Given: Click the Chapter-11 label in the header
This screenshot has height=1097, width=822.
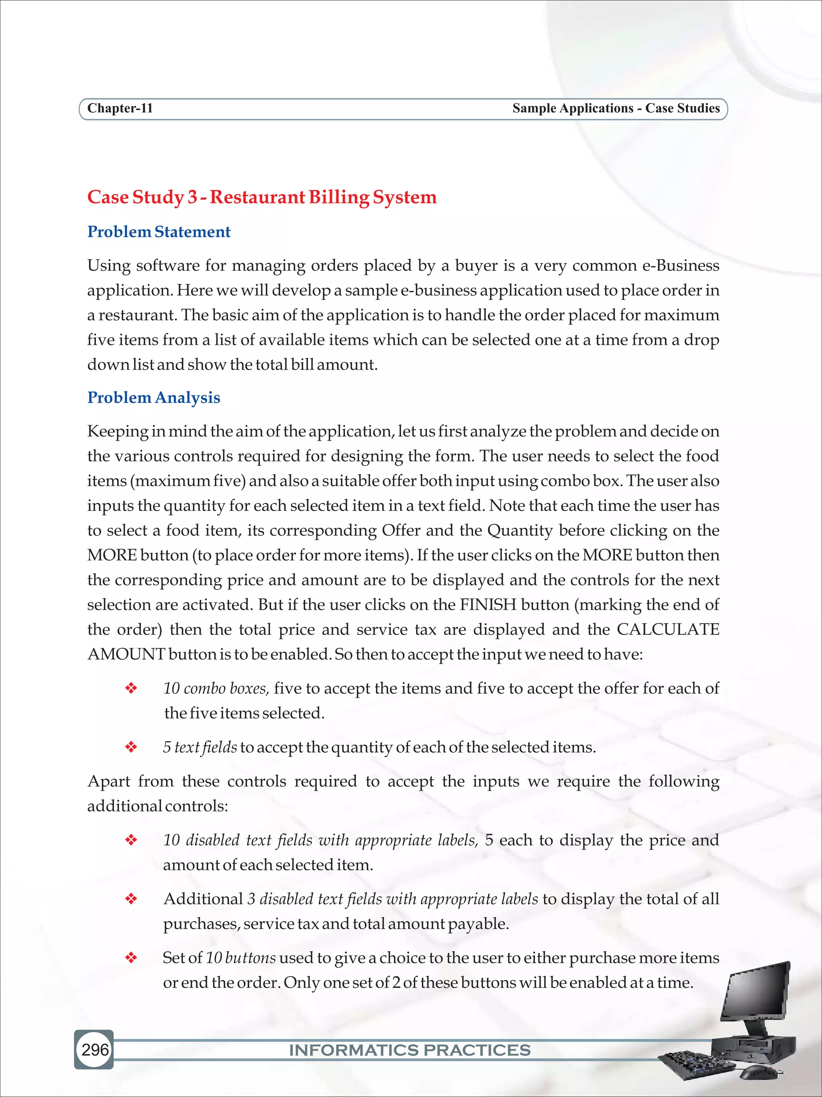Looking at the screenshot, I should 120,108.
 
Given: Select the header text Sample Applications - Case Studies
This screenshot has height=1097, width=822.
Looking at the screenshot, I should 615,108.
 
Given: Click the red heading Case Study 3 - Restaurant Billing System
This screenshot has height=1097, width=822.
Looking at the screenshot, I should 262,197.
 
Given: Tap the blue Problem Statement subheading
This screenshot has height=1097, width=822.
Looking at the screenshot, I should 159,232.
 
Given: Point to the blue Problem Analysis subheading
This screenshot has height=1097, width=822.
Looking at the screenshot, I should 154,397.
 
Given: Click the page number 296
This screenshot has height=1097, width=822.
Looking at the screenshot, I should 95,1049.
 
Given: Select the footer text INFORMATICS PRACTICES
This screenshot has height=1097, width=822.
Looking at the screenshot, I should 410,1050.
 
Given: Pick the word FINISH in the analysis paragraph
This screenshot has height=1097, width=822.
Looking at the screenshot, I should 488,605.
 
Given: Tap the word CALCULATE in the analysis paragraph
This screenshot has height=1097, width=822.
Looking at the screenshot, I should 667,629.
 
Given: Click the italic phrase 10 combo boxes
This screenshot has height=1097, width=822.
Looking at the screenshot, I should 216,688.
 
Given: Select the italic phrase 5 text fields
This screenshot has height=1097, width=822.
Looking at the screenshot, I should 199,747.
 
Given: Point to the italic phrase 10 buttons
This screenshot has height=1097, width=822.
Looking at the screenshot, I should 240,957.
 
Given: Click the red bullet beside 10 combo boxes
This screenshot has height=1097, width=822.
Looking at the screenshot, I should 131,688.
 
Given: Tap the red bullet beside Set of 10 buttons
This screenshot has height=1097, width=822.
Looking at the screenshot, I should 131,957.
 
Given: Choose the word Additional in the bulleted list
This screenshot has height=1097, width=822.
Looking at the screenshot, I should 203,899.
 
